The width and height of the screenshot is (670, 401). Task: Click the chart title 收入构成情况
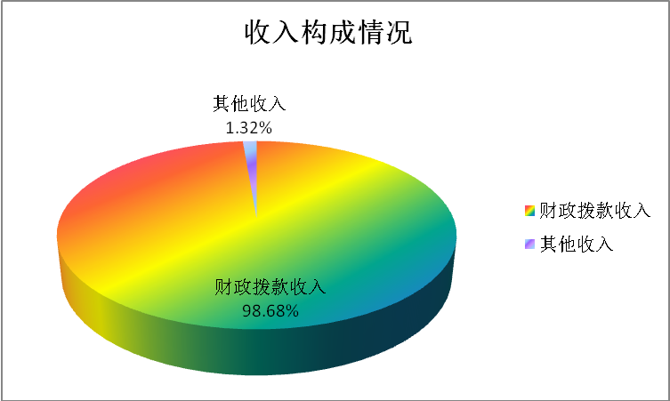click(328, 32)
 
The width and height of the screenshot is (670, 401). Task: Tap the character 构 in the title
click(314, 32)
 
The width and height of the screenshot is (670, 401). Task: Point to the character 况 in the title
click(400, 32)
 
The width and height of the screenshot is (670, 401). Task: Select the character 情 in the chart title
click(371, 32)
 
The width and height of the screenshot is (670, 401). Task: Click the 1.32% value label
click(248, 128)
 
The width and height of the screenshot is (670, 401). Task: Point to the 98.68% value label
click(270, 310)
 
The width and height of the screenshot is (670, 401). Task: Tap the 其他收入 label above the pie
click(249, 104)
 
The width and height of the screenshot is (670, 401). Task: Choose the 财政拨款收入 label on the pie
click(270, 286)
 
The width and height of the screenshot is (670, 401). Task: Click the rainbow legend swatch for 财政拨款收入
click(529, 211)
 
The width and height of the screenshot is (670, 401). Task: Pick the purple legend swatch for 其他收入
click(529, 244)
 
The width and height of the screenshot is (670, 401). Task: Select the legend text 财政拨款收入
click(594, 211)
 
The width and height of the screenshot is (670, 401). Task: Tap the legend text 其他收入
click(577, 244)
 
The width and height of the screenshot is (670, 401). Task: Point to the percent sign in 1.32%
click(266, 128)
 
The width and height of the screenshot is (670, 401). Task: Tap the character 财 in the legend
click(549, 211)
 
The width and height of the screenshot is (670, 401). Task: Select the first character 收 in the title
click(258, 32)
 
